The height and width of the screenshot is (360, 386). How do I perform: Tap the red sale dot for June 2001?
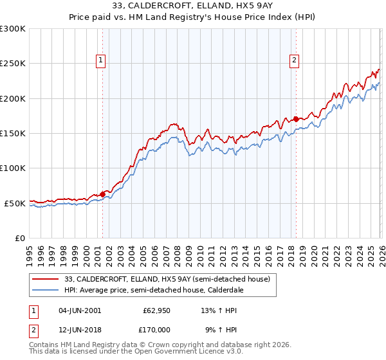tap(102, 194)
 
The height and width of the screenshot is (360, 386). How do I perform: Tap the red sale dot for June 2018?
tap(296, 119)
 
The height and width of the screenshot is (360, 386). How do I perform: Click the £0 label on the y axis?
tap(19, 238)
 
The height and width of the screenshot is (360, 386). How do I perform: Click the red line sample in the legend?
tap(46, 279)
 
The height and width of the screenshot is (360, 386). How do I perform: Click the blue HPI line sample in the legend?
tap(46, 290)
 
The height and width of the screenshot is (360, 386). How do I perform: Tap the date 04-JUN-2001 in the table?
tap(79, 310)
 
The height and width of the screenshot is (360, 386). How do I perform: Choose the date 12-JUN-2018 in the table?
tap(79, 329)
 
